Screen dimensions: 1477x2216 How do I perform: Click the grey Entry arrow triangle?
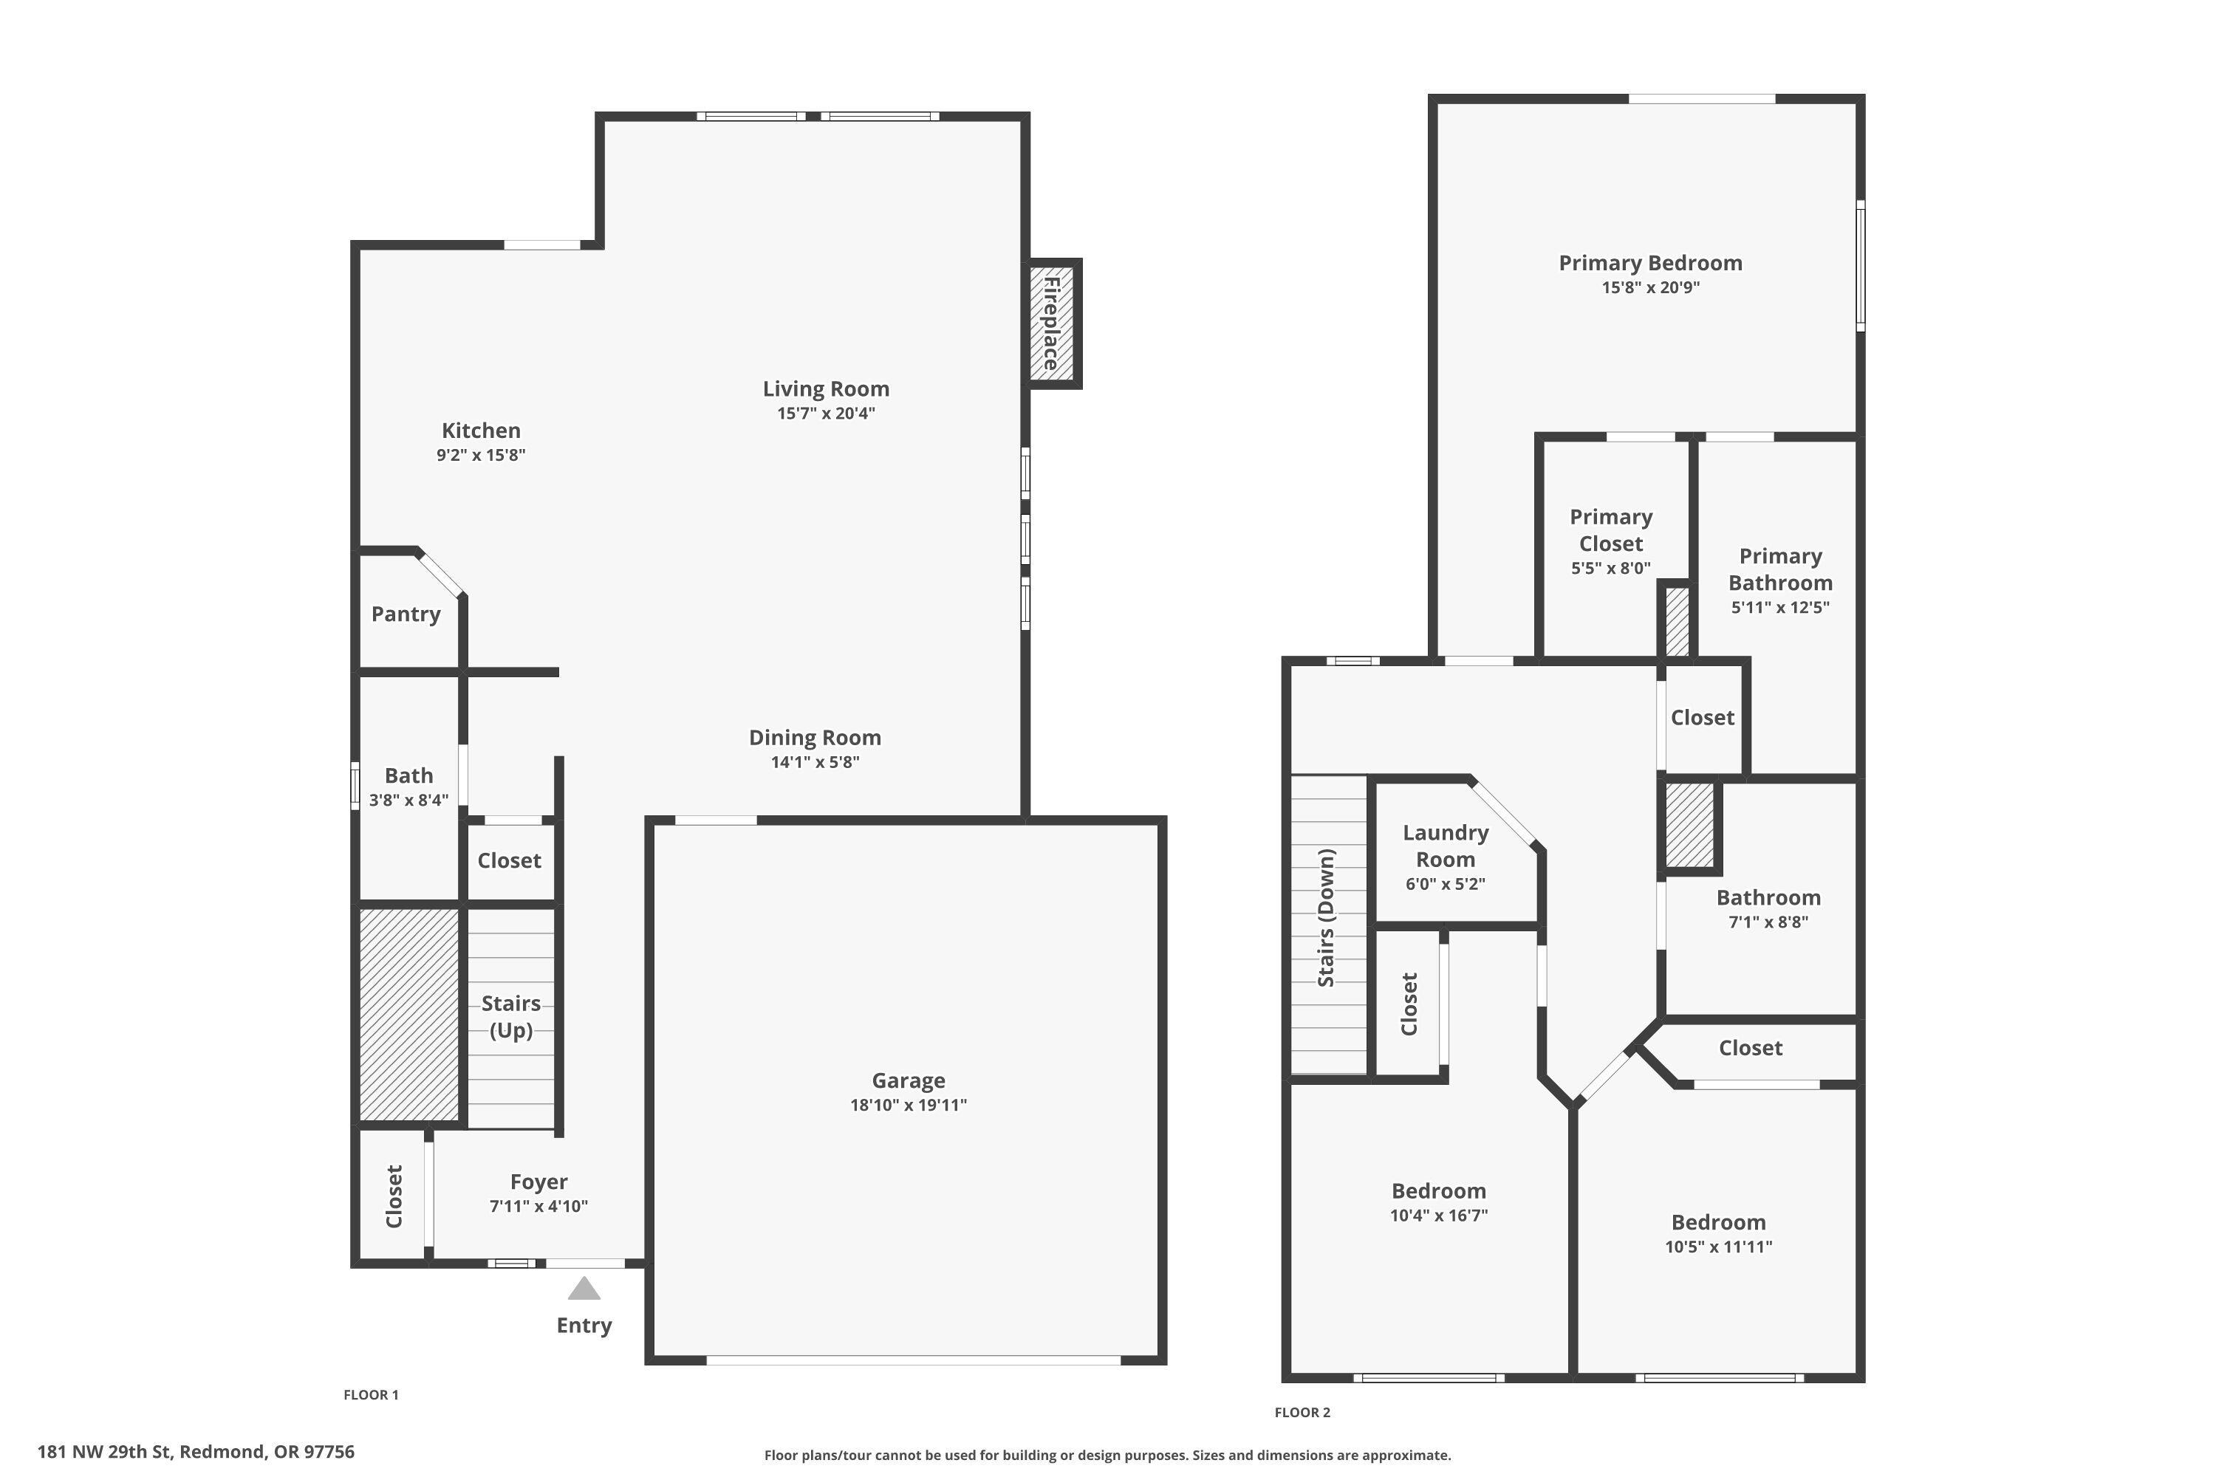click(x=584, y=1289)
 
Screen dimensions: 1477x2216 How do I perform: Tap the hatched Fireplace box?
click(x=1053, y=324)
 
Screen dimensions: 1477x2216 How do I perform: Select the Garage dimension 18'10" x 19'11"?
click(x=909, y=1105)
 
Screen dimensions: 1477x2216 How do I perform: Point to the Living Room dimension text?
click(x=825, y=414)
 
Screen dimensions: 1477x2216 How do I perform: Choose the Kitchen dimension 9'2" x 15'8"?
click(x=481, y=455)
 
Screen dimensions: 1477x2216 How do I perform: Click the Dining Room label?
click(x=815, y=738)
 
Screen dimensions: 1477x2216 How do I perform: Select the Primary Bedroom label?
click(x=1649, y=263)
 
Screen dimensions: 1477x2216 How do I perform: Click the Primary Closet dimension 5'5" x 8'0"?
click(x=1610, y=568)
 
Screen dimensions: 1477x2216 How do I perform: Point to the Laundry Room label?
click(x=1446, y=846)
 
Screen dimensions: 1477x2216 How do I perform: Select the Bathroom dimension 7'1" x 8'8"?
click(x=1768, y=922)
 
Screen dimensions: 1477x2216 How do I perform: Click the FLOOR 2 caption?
click(x=1302, y=1412)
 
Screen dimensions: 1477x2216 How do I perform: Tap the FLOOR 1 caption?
click(x=372, y=1395)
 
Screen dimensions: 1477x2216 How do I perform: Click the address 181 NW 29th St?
click(x=196, y=1452)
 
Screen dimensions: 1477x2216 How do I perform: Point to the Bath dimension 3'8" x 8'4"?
click(x=408, y=801)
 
